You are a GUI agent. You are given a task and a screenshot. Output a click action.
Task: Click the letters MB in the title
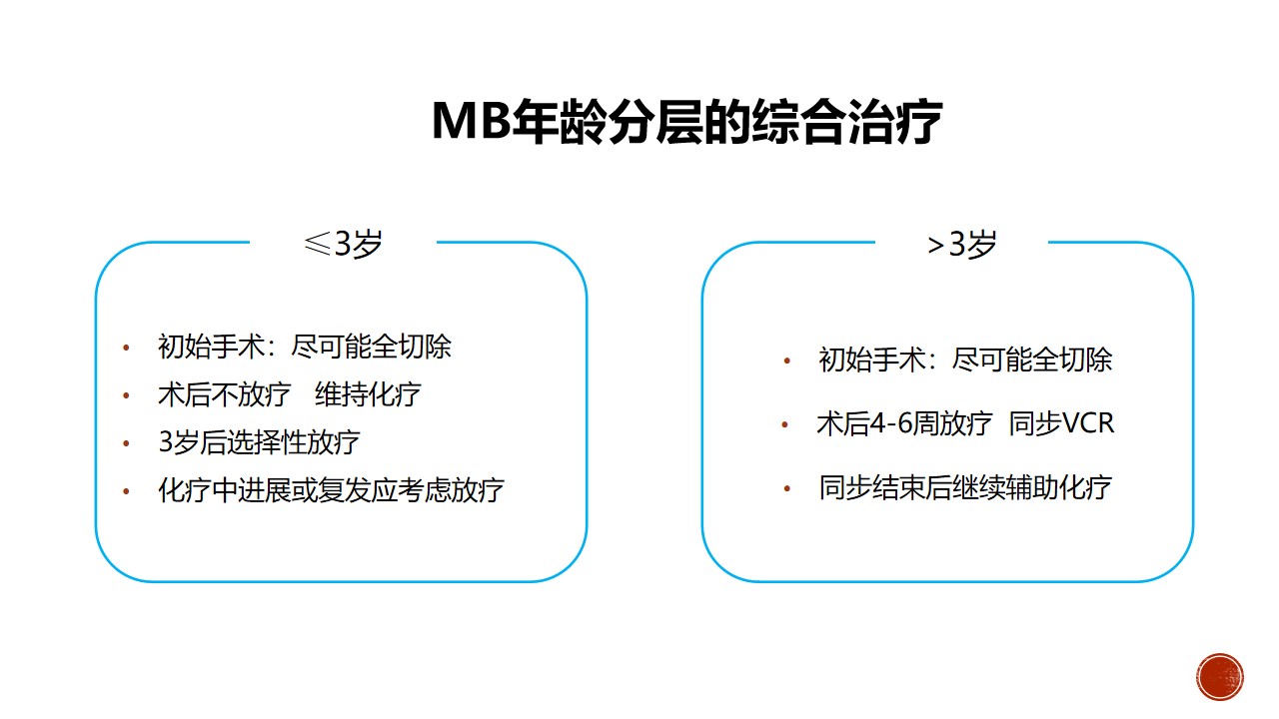point(471,121)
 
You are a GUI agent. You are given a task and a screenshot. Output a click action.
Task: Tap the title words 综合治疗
point(846,121)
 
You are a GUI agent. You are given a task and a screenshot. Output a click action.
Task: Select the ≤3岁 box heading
point(343,245)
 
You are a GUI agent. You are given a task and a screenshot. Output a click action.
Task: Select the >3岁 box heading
point(961,245)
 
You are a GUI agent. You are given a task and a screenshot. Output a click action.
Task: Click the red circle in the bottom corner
point(1220,677)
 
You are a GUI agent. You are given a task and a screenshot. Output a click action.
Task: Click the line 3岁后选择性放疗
point(259,442)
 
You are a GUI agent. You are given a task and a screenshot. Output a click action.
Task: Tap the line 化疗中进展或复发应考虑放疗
point(331,490)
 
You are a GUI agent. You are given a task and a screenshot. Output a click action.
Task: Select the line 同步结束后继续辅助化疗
point(965,488)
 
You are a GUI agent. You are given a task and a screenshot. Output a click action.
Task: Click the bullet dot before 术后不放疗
point(126,394)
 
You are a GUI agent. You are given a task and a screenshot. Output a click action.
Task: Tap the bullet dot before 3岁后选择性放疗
point(126,442)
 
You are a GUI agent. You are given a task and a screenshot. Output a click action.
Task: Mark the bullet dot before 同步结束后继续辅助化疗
point(786,488)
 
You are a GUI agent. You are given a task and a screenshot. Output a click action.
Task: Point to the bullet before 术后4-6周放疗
point(785,424)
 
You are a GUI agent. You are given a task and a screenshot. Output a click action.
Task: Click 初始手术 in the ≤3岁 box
point(211,347)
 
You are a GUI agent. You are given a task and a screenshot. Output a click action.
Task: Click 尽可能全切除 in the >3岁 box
point(1032,359)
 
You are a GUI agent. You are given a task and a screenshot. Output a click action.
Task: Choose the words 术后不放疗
point(225,394)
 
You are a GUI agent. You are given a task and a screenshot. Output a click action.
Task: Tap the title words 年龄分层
point(607,121)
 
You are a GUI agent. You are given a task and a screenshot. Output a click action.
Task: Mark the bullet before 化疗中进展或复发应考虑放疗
point(126,490)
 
